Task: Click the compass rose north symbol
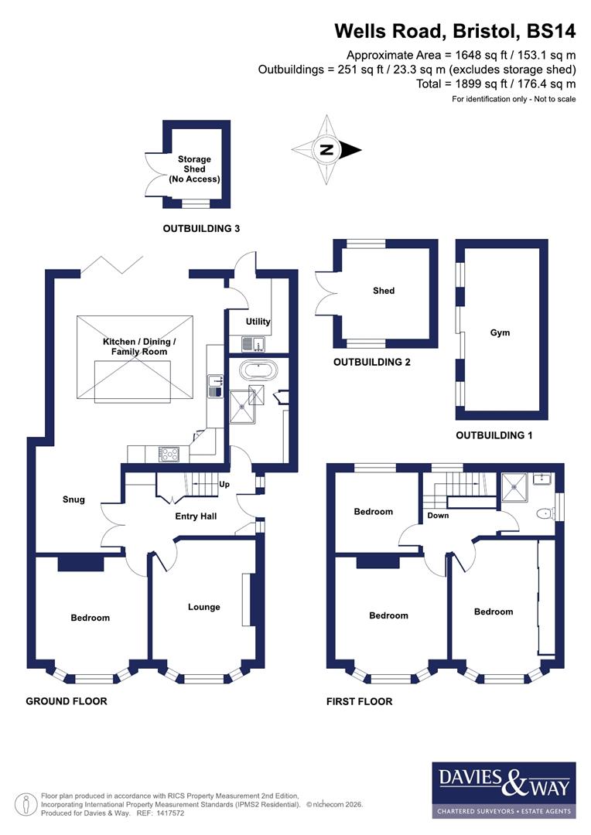tap(326, 150)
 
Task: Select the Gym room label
tap(500, 332)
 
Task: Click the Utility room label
tap(258, 322)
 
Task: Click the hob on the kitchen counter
tap(169, 455)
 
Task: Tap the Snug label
tap(74, 499)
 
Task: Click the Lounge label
tap(203, 607)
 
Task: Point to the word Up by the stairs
tap(225, 485)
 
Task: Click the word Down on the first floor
tap(437, 516)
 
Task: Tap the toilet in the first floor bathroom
tap(546, 512)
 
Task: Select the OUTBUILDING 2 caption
tap(371, 362)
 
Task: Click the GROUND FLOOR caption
tap(67, 701)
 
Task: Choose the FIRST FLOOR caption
tap(360, 701)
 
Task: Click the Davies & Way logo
tap(504, 789)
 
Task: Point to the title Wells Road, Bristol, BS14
tap(455, 32)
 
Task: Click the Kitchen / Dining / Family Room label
tap(140, 346)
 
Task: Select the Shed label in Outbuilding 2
tap(384, 291)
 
